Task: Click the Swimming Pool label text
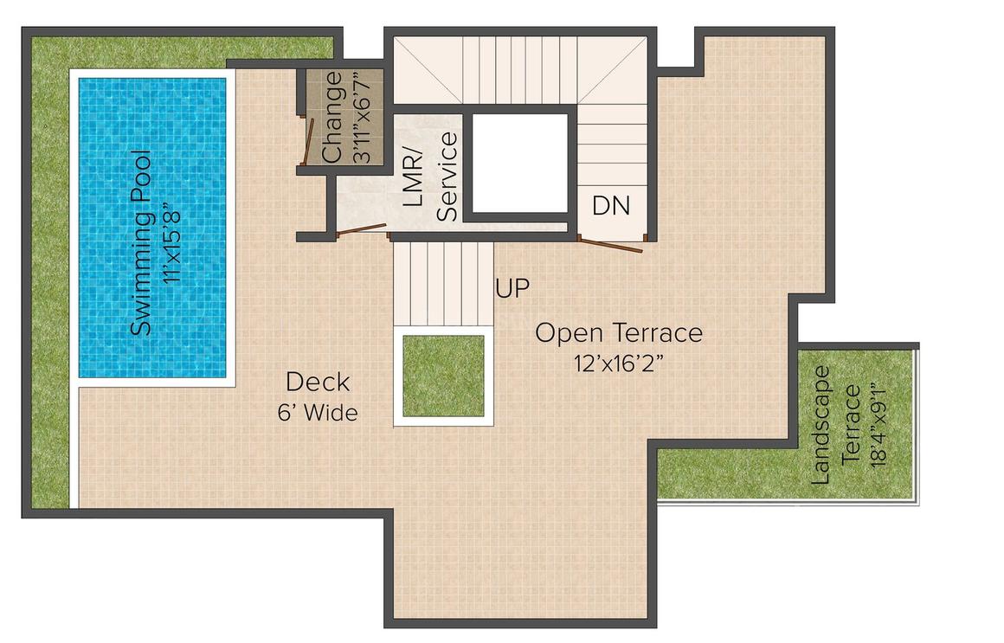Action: pyautogui.click(x=141, y=243)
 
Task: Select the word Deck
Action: pyautogui.click(x=318, y=382)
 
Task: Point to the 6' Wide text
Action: pyautogui.click(x=318, y=413)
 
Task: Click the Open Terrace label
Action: pyautogui.click(x=618, y=333)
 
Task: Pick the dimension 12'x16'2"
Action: pyautogui.click(x=618, y=363)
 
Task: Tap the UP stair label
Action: pyautogui.click(x=512, y=289)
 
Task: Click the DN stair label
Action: pyautogui.click(x=611, y=207)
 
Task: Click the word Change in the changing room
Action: pyautogui.click(x=331, y=119)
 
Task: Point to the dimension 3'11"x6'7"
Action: pyautogui.click(x=358, y=119)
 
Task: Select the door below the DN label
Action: pyautogui.click(x=611, y=244)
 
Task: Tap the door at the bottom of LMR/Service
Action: pyautogui.click(x=362, y=229)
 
